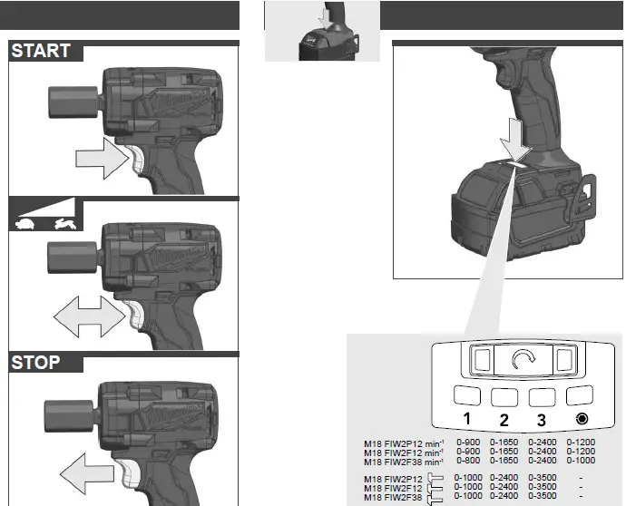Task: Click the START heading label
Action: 41,51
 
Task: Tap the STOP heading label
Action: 36,363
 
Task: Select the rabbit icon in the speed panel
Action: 64,220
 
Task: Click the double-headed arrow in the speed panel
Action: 88,317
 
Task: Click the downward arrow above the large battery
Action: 515,144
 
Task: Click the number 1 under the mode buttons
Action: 466,420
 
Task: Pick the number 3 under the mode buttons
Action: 542,420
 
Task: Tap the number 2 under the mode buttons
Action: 504,420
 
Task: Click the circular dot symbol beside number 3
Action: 579,420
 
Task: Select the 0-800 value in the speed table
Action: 469,461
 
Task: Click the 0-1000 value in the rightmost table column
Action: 581,461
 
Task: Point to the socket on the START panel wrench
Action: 69,94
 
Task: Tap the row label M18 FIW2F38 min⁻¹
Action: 404,461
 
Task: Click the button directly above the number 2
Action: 504,395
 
